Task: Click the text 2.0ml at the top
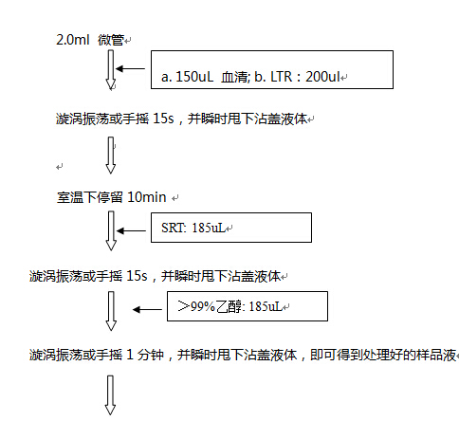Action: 73,40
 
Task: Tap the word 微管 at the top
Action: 111,40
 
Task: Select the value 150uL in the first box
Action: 194,77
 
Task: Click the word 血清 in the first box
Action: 234,77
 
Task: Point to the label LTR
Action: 282,77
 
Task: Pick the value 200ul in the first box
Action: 322,77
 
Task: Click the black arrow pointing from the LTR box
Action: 130,68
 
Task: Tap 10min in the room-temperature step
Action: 147,197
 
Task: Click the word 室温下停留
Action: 90,197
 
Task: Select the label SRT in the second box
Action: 174,228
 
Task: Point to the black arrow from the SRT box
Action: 131,231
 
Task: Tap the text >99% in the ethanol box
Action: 196,306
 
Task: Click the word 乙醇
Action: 229,307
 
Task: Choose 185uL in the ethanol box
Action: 266,306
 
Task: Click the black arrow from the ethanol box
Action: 147,310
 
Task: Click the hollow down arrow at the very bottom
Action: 110,395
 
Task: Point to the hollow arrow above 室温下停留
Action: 111,156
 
